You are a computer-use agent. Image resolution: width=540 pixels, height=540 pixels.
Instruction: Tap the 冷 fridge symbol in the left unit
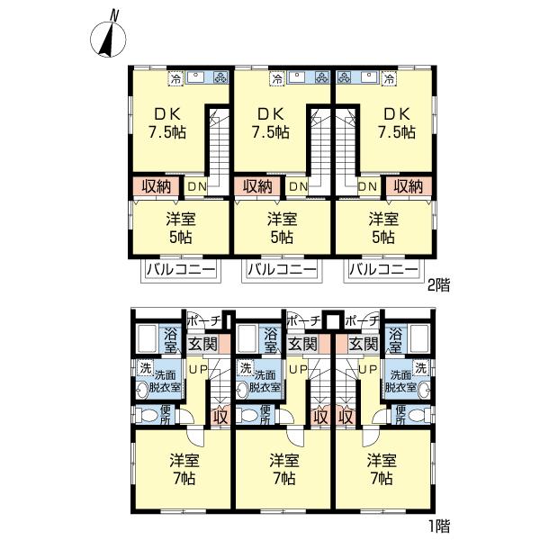175,79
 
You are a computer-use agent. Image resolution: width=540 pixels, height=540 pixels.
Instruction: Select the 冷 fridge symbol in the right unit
390,79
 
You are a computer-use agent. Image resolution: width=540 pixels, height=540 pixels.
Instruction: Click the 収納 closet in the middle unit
257,186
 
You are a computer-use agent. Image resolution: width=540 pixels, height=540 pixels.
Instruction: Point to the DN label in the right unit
368,186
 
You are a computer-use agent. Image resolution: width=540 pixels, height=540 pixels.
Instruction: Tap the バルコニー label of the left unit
181,269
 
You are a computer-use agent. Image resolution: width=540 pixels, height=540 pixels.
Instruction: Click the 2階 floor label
438,285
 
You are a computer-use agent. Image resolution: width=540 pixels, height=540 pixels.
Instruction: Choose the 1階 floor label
439,526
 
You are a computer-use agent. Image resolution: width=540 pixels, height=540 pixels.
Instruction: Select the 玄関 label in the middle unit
302,344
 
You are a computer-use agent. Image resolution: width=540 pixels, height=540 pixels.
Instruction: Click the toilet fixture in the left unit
144,415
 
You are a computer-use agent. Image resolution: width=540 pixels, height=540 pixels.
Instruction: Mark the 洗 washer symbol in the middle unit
245,368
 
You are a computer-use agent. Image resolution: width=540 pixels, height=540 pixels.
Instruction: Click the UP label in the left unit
198,370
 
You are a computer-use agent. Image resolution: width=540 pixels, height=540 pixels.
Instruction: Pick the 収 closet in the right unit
346,418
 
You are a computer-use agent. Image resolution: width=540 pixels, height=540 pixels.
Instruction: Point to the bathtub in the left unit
148,339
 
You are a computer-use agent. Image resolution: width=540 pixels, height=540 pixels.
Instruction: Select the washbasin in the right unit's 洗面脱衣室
423,390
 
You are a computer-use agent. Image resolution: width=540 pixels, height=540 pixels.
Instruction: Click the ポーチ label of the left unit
203,321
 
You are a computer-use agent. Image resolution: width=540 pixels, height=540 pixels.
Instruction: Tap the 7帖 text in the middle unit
283,479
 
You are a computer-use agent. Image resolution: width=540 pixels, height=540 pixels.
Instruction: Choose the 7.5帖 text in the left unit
167,132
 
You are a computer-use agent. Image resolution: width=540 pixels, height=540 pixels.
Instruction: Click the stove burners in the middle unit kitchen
323,78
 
